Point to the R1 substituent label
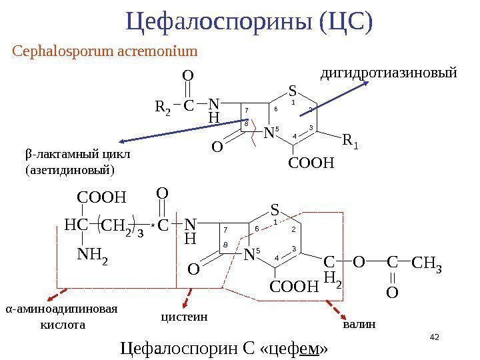349,141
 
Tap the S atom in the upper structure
292,90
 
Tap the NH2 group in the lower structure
92,254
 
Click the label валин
359,325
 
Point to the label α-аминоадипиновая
61,310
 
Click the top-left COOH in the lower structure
101,197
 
